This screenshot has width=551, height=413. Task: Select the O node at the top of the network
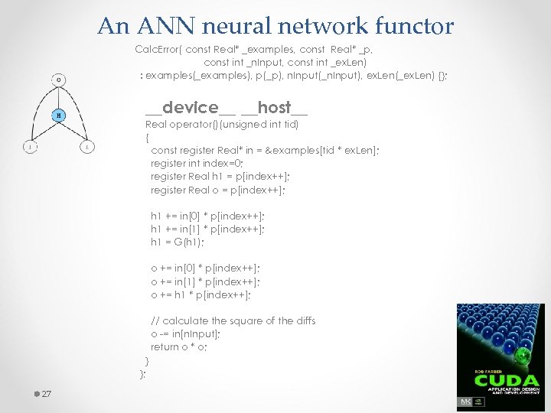pos(59,78)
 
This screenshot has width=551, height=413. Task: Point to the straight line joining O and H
pos(59,97)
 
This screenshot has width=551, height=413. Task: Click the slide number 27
pos(45,394)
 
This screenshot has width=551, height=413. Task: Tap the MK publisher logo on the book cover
pos(465,402)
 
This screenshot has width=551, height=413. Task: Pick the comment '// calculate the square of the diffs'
pos(233,320)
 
